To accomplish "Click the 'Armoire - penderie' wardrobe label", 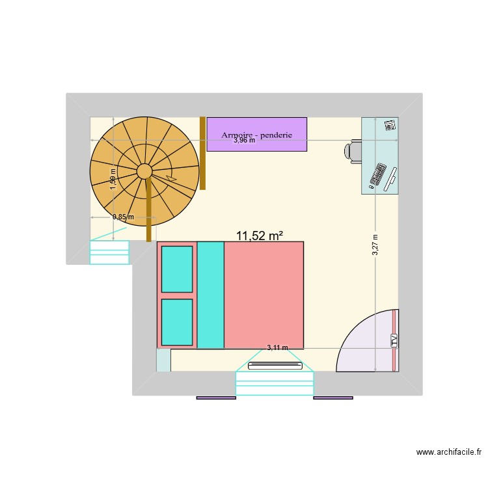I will pyautogui.click(x=256, y=135).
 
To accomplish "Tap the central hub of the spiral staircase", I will pyautogui.click(x=144, y=171).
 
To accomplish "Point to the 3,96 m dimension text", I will pyautogui.click(x=245, y=141).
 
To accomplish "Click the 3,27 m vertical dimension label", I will pyautogui.click(x=375, y=245).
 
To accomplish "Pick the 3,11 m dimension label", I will pyautogui.click(x=277, y=348).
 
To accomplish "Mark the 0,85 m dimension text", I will pyautogui.click(x=123, y=217).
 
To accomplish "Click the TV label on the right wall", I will pyautogui.click(x=394, y=340).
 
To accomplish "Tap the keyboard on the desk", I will pyautogui.click(x=377, y=175).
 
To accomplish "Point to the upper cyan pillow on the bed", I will pyautogui.click(x=177, y=269).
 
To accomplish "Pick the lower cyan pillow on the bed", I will pyautogui.click(x=177, y=322).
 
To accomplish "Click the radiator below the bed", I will pyautogui.click(x=275, y=365).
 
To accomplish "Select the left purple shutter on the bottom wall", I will pyautogui.click(x=216, y=397).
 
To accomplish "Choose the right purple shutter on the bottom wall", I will pyautogui.click(x=333, y=397).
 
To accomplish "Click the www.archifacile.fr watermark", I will pyautogui.click(x=448, y=452).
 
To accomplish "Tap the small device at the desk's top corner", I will pyautogui.click(x=389, y=125).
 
